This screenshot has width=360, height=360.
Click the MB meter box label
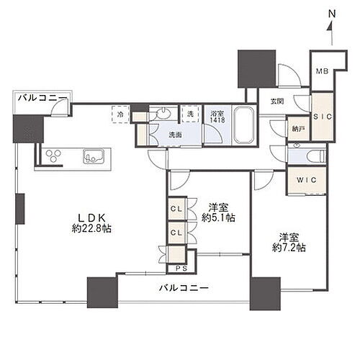(x=322, y=71)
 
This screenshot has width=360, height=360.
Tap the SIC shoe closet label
(x=323, y=117)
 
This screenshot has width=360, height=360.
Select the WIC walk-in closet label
(x=307, y=180)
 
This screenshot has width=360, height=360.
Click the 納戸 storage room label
(x=298, y=129)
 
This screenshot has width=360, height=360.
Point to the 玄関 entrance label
(x=277, y=102)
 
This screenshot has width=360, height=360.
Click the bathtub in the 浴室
(x=244, y=125)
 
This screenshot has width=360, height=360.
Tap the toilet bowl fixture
(x=317, y=156)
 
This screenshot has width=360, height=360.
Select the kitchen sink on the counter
(x=94, y=156)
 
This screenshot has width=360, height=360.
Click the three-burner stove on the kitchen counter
(x=53, y=156)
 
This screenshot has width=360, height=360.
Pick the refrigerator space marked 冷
(x=121, y=114)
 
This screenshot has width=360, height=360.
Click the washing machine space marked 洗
(x=190, y=114)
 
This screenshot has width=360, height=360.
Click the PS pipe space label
(x=181, y=269)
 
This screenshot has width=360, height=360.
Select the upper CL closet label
(x=176, y=209)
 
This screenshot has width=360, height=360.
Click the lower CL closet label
(x=176, y=233)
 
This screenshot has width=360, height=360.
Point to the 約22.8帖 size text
(x=91, y=228)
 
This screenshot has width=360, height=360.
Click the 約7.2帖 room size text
(x=289, y=248)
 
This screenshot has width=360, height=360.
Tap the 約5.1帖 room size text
(x=218, y=217)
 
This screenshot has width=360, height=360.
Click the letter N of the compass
(x=332, y=14)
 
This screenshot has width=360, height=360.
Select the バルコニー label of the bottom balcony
(x=184, y=287)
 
